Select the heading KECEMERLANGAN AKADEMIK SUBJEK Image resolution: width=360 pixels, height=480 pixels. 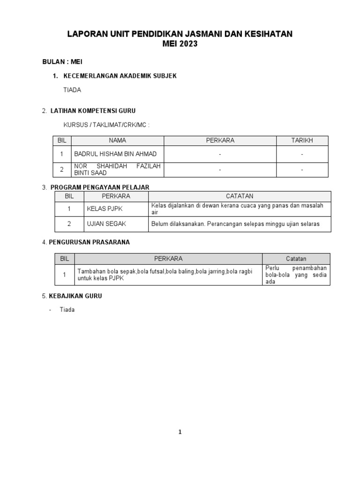pyautogui.click(x=120, y=76)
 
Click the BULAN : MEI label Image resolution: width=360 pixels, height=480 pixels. pyautogui.click(x=62, y=61)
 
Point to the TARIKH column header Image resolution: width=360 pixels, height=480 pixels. pyautogui.click(x=302, y=141)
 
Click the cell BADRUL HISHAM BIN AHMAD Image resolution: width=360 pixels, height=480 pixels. pyautogui.click(x=112, y=154)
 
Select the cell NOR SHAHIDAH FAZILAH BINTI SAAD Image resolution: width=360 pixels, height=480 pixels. pyautogui.click(x=117, y=169)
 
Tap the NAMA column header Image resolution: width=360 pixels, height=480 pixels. pyautogui.click(x=117, y=141)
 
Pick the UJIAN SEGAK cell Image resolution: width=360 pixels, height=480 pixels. pyautogui.click(x=105, y=224)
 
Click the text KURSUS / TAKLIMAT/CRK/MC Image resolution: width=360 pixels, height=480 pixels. pyautogui.click(x=106, y=125)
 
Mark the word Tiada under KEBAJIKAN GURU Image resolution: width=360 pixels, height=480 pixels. pyautogui.click(x=67, y=310)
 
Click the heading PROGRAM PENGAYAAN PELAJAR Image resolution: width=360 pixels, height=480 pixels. pyautogui.click(x=100, y=187)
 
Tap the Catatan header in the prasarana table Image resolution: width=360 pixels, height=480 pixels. pyautogui.click(x=296, y=259)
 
